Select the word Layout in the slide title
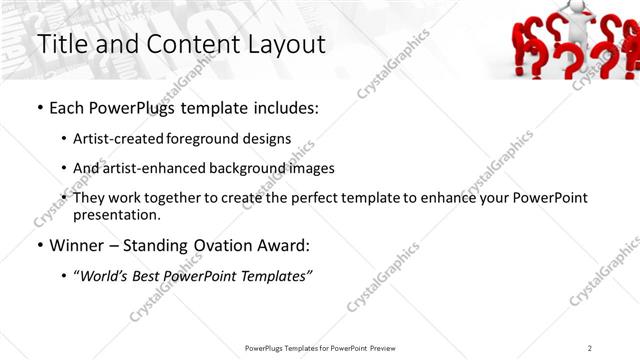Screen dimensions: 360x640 [284, 45]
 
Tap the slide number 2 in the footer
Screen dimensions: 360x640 [590, 348]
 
